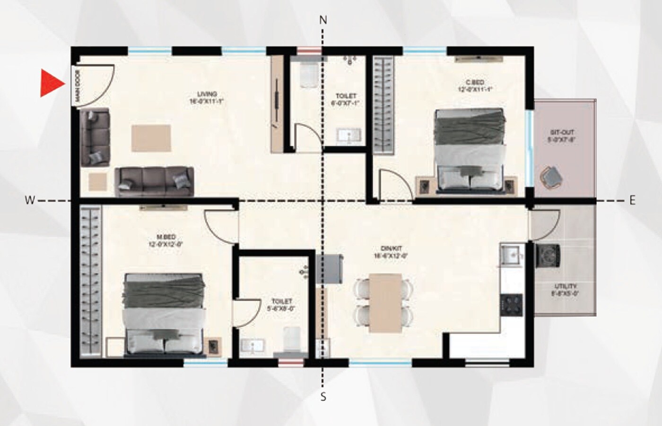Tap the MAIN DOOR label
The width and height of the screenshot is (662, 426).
pyautogui.click(x=77, y=86)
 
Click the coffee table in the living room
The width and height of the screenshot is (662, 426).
pyautogui.click(x=151, y=138)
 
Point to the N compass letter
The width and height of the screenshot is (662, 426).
pyautogui.click(x=323, y=20)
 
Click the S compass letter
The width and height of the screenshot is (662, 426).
pyautogui.click(x=323, y=397)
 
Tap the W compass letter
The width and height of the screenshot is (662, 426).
pyautogui.click(x=29, y=201)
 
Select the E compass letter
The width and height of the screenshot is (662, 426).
pyautogui.click(x=632, y=201)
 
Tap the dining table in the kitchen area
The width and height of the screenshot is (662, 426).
pyautogui.click(x=385, y=302)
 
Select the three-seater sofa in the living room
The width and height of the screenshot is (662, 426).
pyautogui.click(x=154, y=181)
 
